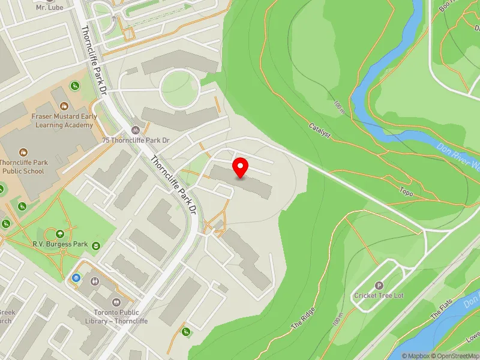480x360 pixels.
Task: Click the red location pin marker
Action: click(241, 168)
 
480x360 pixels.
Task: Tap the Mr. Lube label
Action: click(49, 7)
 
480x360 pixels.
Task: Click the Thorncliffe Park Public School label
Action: click(22, 166)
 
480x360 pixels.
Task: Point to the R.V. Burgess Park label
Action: click(60, 244)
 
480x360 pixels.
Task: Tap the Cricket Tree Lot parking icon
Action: click(379, 286)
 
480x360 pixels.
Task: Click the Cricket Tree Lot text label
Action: click(379, 296)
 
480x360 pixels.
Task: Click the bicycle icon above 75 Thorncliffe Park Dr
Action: click(136, 130)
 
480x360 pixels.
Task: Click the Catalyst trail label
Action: click(320, 131)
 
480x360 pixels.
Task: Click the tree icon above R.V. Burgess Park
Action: click(60, 233)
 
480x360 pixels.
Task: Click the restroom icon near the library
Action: click(95, 280)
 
